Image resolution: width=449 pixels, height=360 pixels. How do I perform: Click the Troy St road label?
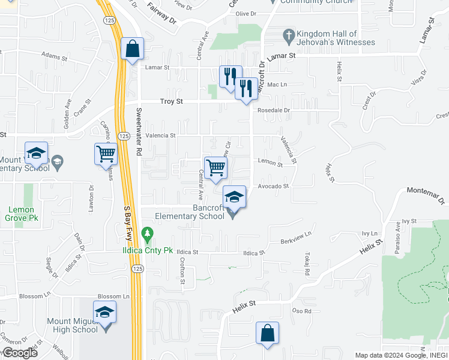tap(171, 102)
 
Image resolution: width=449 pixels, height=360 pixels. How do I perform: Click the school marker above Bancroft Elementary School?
tap(234, 197)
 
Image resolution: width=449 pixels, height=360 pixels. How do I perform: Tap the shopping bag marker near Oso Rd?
tap(267, 333)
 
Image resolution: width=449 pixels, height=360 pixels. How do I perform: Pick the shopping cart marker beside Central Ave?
tap(215, 168)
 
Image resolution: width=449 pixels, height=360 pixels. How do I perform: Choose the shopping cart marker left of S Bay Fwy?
tap(106, 154)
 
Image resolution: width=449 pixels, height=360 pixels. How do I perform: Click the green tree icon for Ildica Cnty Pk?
tap(146, 232)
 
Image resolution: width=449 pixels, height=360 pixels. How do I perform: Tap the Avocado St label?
tap(274, 186)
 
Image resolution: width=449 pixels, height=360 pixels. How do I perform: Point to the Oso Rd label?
tap(301, 311)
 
